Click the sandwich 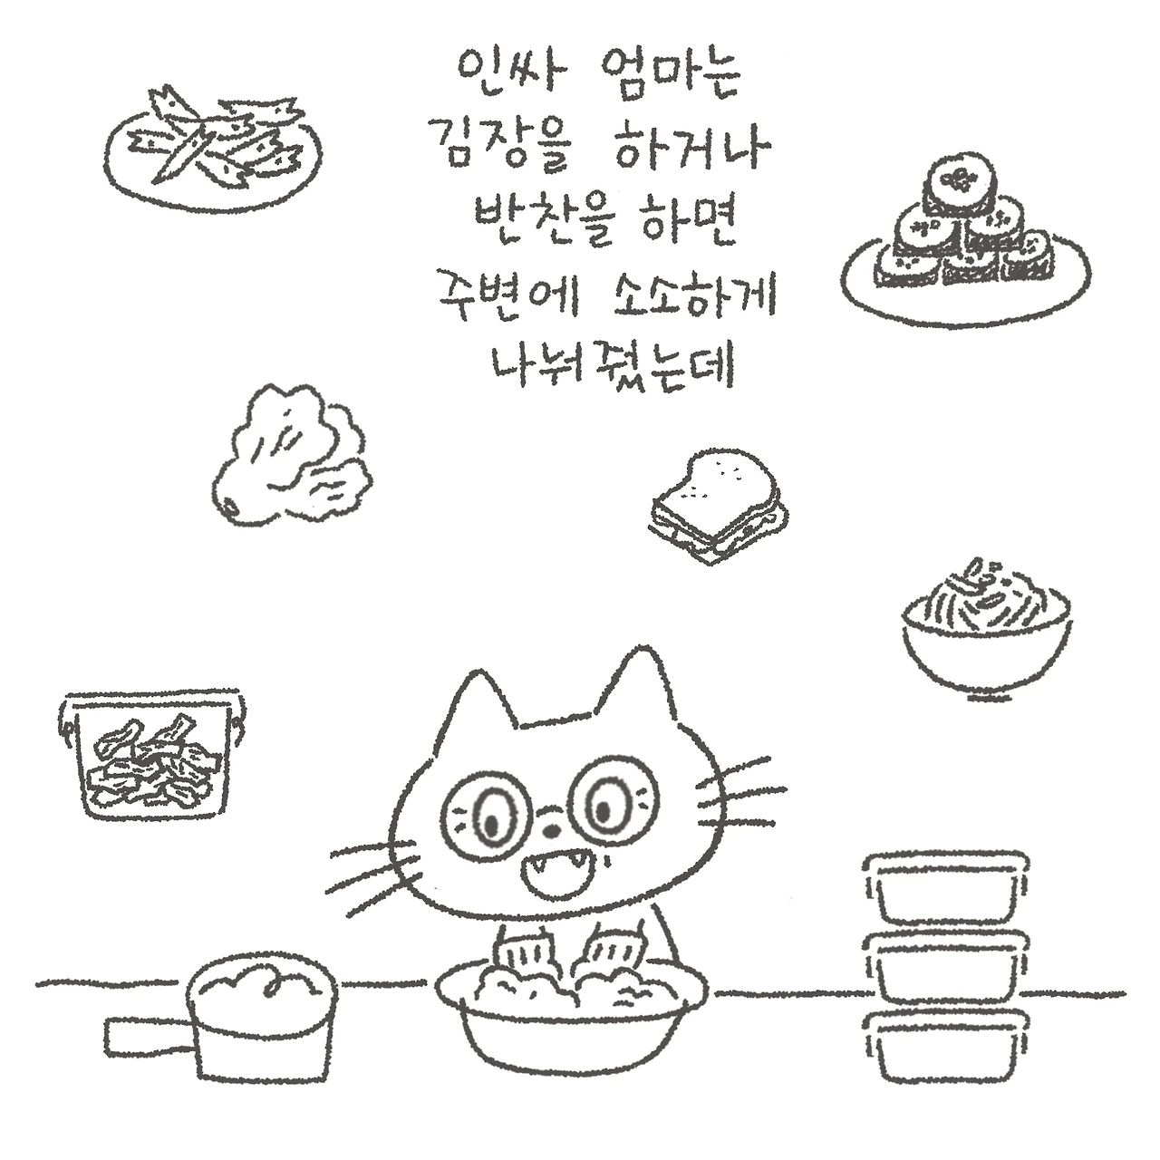click(719, 506)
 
